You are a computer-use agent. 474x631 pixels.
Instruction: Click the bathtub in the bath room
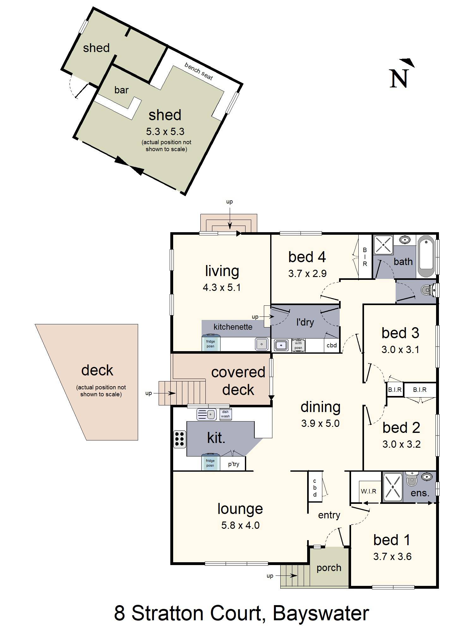(x=426, y=256)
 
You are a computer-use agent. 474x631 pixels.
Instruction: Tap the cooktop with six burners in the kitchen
(x=179, y=439)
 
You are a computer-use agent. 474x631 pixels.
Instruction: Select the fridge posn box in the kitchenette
(x=211, y=344)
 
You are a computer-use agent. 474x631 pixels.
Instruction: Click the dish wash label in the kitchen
(x=225, y=414)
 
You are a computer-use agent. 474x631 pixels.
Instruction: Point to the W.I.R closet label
(x=368, y=491)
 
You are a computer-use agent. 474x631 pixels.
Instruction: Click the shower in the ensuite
(x=392, y=487)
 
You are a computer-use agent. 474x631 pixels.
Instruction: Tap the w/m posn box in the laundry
(x=298, y=345)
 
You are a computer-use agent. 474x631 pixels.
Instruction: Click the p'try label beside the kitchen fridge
(x=234, y=464)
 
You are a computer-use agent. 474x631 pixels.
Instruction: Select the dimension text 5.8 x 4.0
(x=240, y=525)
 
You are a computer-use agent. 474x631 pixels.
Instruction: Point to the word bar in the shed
(x=121, y=90)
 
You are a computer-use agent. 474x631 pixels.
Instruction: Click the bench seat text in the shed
(x=198, y=71)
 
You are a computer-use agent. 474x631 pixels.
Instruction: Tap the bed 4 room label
(x=307, y=257)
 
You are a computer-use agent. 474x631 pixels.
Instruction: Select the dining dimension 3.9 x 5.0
(x=320, y=423)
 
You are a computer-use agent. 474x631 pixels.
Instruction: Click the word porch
(x=329, y=568)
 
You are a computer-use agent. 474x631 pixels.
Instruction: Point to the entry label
(x=329, y=515)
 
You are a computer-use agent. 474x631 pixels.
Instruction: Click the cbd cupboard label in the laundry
(x=331, y=345)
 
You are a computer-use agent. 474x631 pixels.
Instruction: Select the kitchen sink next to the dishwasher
(x=206, y=414)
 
